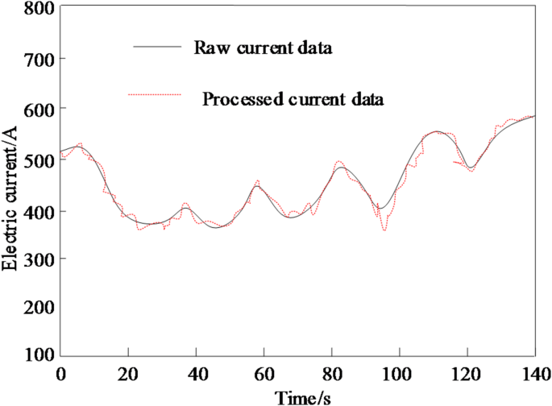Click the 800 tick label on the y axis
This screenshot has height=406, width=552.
click(39, 10)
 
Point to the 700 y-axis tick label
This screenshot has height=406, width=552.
click(39, 59)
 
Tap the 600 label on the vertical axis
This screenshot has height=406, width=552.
click(39, 109)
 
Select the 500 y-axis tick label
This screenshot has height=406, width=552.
click(39, 159)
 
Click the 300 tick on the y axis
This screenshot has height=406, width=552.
click(39, 259)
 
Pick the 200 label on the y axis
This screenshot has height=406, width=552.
click(39, 307)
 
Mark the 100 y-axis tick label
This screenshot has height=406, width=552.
click(39, 354)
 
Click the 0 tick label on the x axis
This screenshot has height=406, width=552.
click(60, 374)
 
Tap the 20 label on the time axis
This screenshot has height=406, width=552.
click(128, 374)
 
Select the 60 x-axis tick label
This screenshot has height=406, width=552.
click(264, 374)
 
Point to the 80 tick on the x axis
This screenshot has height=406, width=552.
click(331, 374)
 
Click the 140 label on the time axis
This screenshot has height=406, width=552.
click(531, 374)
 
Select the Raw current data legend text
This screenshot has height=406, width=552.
click(263, 48)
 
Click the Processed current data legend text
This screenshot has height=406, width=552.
click(293, 100)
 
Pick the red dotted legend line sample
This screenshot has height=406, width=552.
click(159, 96)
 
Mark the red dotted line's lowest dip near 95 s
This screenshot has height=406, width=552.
click(384, 230)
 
